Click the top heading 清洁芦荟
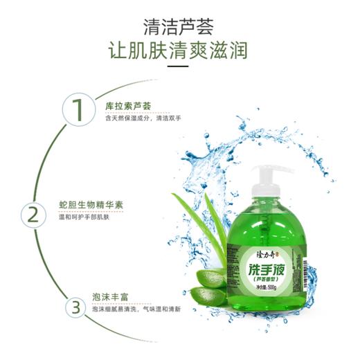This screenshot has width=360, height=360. (180, 26)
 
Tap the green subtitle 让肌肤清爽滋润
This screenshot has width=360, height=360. (180, 53)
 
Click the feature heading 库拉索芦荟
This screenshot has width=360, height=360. (128, 106)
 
